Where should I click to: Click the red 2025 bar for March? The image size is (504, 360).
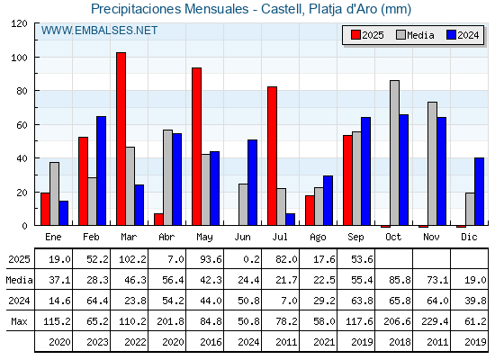point(121,139)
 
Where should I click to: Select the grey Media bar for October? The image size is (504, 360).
point(394,153)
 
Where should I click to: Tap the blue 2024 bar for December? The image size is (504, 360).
point(479,192)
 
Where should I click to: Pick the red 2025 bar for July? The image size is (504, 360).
point(272,156)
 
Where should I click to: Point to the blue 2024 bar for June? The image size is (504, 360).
point(252,183)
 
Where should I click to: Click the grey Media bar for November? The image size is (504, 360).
point(432,164)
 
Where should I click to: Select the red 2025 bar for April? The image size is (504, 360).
point(158,220)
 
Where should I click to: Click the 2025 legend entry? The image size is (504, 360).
point(367,35)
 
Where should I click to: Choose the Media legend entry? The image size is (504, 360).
point(415,35)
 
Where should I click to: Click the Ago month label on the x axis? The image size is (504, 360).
point(318,238)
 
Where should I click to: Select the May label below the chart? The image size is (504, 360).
point(204,238)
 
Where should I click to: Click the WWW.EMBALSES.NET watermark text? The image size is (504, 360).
point(99,31)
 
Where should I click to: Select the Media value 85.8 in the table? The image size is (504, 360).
point(400,280)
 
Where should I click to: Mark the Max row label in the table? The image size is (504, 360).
point(19,321)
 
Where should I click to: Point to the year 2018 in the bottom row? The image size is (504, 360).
point(400,342)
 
